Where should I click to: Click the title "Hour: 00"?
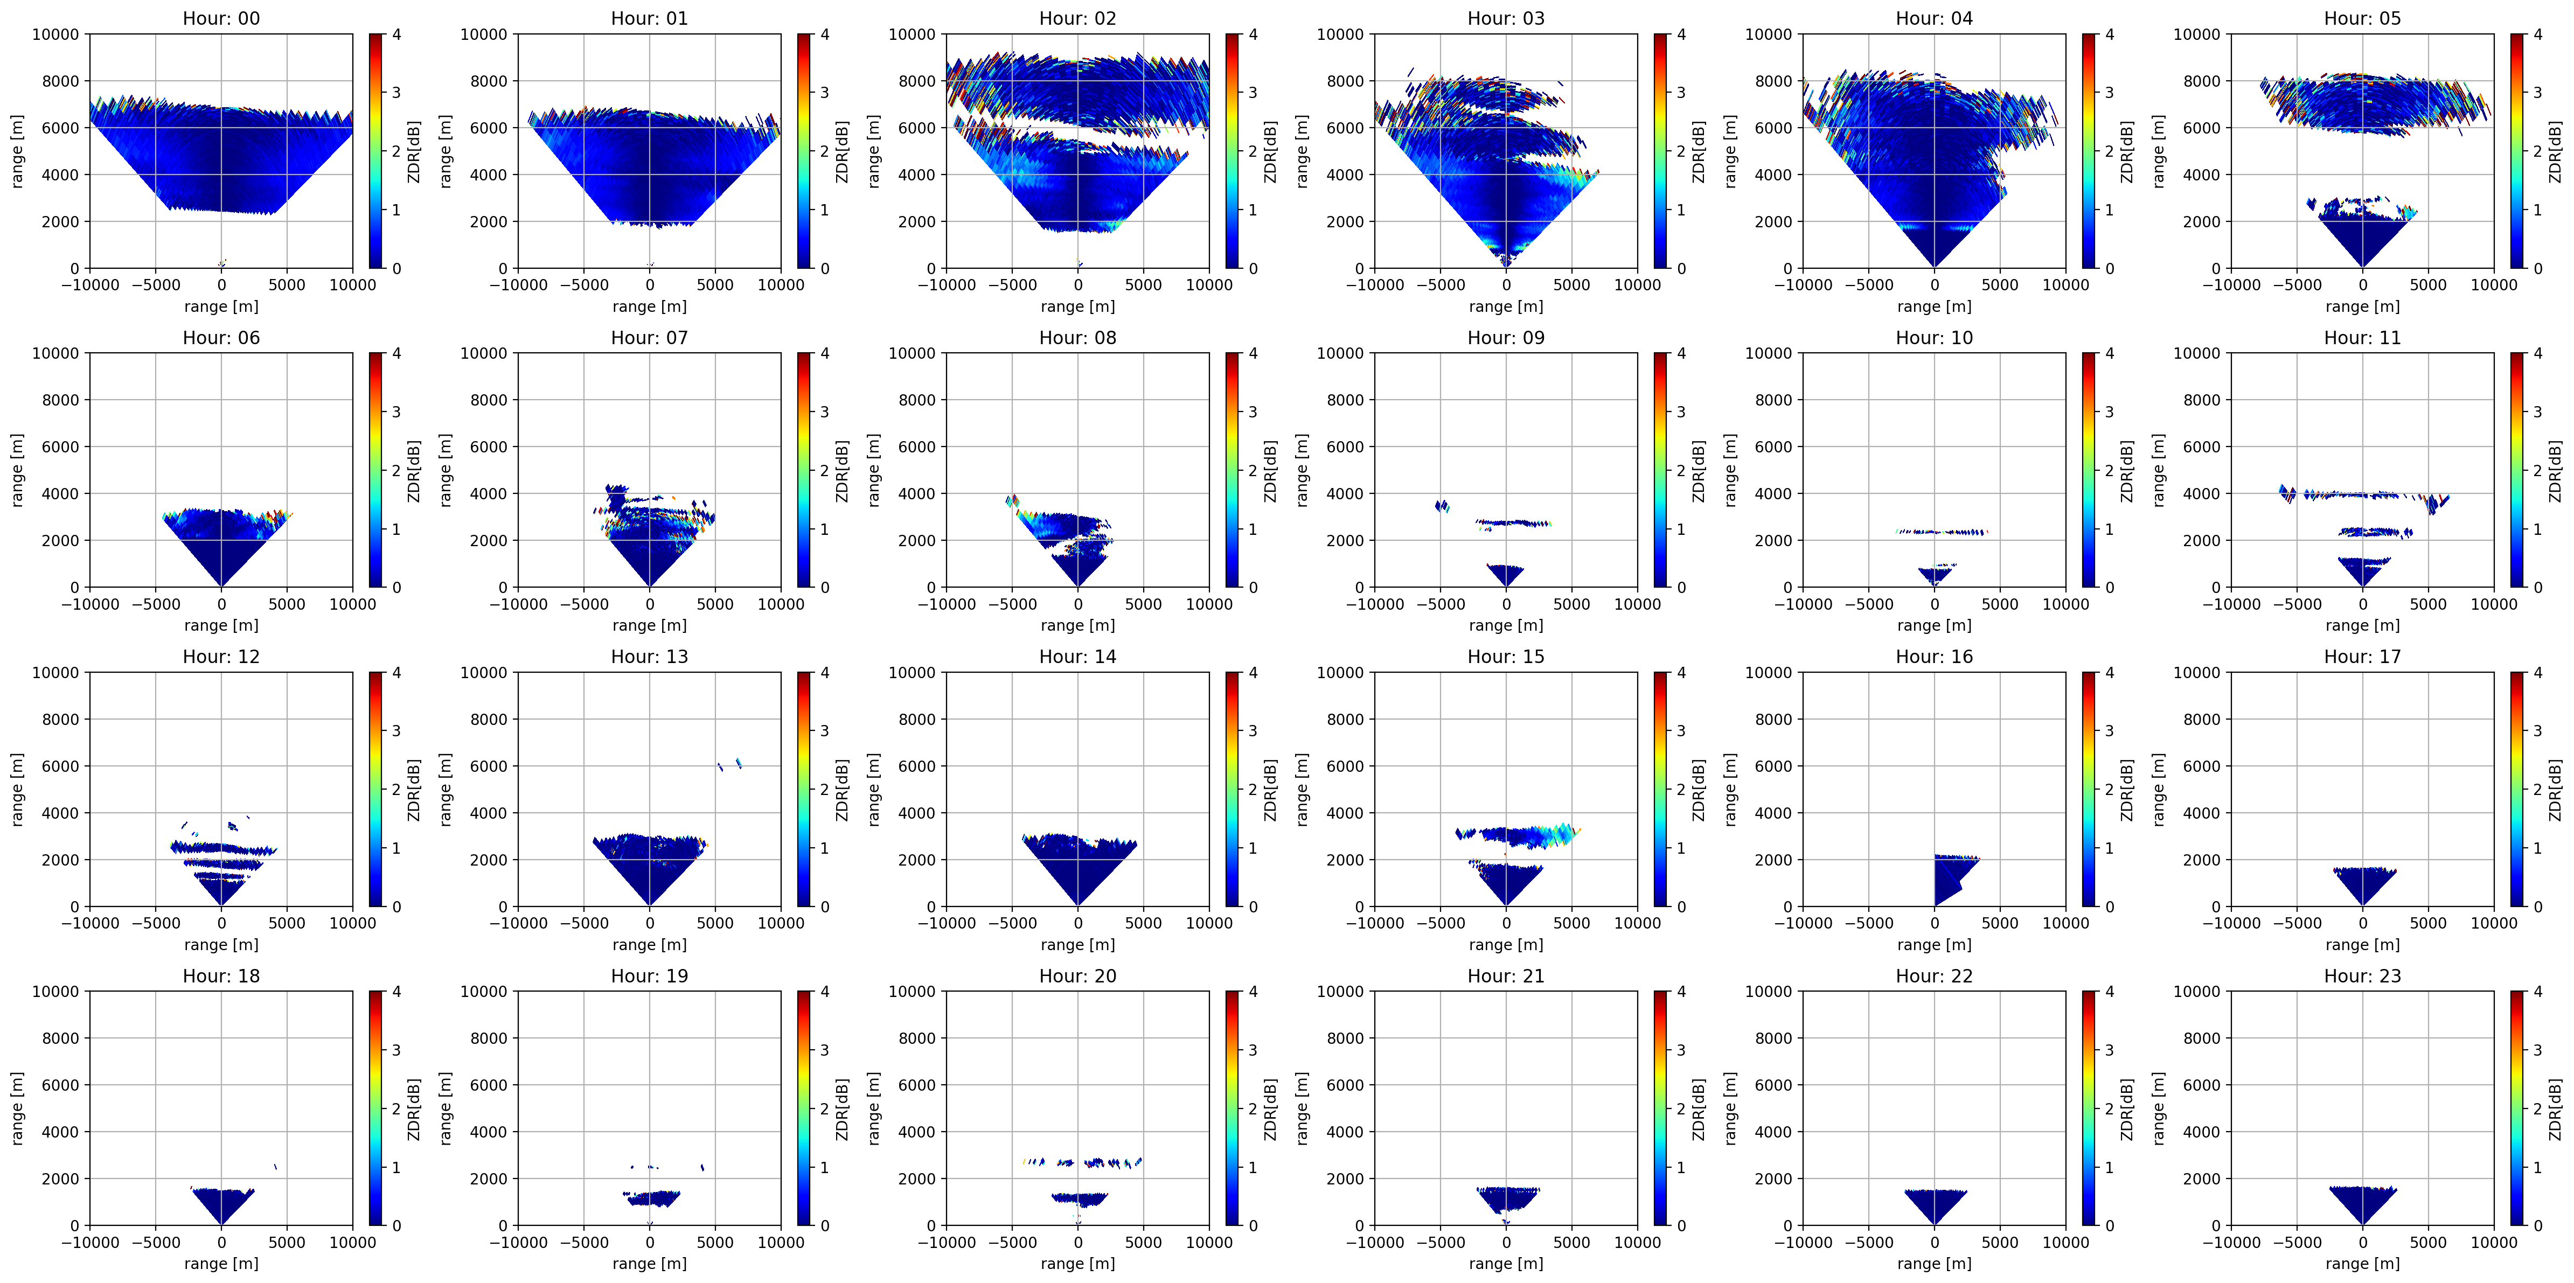click(x=221, y=18)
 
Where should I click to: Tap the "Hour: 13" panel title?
click(x=650, y=657)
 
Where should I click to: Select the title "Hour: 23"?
click(x=2362, y=975)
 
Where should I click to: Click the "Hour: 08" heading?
click(x=1077, y=338)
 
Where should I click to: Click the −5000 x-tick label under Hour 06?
click(x=156, y=604)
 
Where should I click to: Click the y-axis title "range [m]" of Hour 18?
click(x=17, y=1108)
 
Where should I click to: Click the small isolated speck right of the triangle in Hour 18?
click(x=276, y=1166)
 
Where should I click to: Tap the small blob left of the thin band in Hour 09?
click(x=1442, y=506)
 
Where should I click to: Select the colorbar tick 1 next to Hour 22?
click(x=2110, y=1167)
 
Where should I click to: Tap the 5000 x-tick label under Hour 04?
click(x=1999, y=285)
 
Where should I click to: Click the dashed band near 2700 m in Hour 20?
click(x=1082, y=1162)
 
